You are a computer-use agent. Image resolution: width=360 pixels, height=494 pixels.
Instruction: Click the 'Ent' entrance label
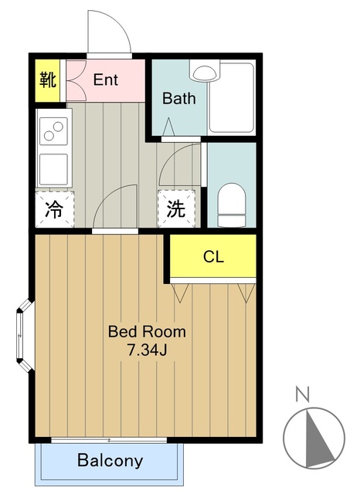click(106, 80)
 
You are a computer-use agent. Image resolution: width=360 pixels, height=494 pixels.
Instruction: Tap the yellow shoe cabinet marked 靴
click(47, 80)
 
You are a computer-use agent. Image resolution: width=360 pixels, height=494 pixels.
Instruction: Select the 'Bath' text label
click(178, 98)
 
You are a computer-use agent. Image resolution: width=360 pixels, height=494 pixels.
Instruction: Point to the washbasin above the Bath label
click(204, 72)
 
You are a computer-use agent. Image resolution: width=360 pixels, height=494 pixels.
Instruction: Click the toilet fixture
click(232, 205)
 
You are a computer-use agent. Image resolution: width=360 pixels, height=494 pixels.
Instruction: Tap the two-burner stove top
click(53, 131)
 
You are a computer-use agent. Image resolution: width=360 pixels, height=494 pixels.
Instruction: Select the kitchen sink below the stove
click(53, 169)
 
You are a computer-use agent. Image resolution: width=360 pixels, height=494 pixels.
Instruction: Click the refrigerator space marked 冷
click(55, 209)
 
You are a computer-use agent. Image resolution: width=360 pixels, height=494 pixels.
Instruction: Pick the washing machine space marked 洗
click(176, 208)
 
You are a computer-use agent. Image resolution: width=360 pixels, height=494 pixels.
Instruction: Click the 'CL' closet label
click(213, 256)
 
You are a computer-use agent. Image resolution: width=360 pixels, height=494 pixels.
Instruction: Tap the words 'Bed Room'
click(147, 332)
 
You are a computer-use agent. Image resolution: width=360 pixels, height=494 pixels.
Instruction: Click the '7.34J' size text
click(147, 350)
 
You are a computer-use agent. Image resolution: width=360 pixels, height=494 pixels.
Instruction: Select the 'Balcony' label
click(110, 460)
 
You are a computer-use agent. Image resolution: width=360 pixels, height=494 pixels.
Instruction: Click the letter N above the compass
click(303, 394)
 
